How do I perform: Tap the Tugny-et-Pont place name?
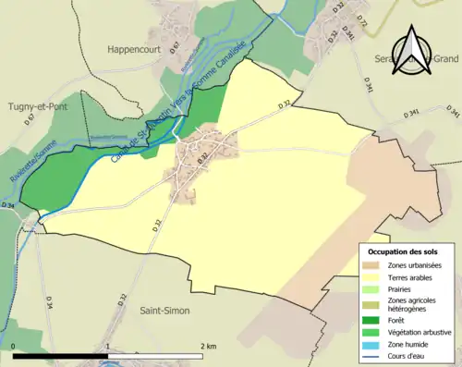coord(41,106)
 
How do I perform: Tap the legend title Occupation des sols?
coord(404,251)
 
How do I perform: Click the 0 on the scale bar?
coord(14,346)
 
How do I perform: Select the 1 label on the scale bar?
coord(109,346)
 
